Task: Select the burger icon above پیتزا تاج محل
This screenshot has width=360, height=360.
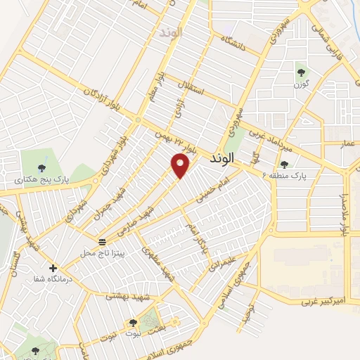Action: pyautogui.click(x=102, y=241)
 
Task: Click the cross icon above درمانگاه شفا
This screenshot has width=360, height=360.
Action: pyautogui.click(x=53, y=268)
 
